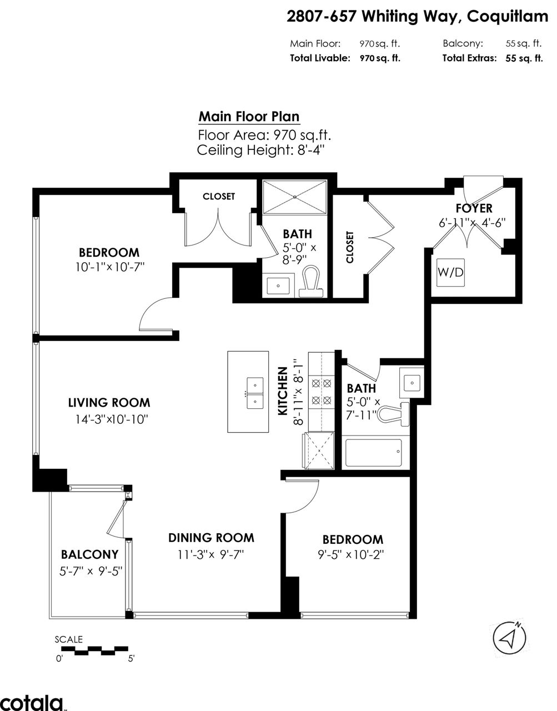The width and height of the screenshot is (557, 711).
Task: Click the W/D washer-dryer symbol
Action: click(451, 273)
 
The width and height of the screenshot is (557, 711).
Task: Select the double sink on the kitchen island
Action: click(255, 393)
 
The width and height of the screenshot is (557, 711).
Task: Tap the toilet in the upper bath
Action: click(312, 282)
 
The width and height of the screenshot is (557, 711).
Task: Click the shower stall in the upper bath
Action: click(295, 197)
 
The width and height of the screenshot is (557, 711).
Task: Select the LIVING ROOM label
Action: click(109, 403)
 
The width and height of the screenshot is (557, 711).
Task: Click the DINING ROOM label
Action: click(211, 538)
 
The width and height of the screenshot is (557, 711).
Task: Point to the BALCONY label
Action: click(89, 554)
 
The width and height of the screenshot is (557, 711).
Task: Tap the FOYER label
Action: click(474, 208)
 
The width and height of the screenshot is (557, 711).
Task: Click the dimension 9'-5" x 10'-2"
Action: click(350, 554)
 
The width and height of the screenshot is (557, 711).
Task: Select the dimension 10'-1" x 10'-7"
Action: click(110, 267)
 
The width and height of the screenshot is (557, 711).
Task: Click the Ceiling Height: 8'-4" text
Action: click(260, 150)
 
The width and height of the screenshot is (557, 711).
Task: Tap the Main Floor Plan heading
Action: click(249, 117)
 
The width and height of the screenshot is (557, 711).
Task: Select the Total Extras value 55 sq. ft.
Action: click(524, 58)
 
